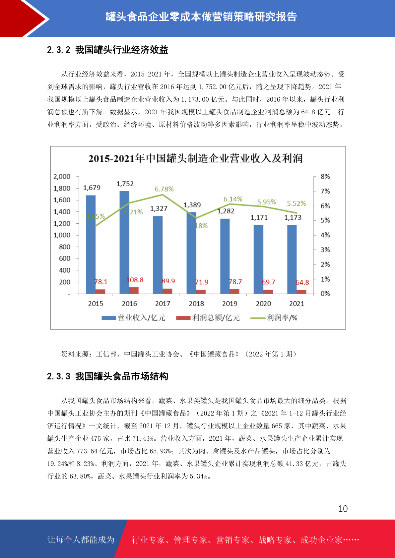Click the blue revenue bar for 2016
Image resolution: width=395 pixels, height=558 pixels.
click(x=124, y=242)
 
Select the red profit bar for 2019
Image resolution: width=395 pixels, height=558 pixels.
click(x=234, y=292)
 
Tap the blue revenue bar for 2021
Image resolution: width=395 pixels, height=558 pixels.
click(x=292, y=259)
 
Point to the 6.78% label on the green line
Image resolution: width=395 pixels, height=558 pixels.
click(x=164, y=189)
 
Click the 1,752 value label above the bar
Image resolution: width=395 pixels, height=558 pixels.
click(x=125, y=184)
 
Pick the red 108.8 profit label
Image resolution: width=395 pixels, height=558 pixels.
click(x=135, y=280)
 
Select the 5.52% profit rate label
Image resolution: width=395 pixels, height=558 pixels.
click(x=296, y=203)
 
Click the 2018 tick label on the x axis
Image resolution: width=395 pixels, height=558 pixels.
click(x=196, y=304)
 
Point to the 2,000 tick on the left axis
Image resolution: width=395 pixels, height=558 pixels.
click(x=62, y=177)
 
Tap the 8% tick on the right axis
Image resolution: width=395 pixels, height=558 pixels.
click(x=325, y=177)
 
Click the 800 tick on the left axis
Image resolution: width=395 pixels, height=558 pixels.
click(x=65, y=247)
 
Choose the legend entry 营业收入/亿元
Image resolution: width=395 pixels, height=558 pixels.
click(x=133, y=318)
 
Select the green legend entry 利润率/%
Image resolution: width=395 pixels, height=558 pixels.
click(x=274, y=318)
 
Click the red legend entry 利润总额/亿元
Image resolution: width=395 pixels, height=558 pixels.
click(x=208, y=318)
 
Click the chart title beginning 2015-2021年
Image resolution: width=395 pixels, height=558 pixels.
click(x=195, y=158)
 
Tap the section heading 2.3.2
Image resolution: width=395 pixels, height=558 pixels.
click(x=107, y=50)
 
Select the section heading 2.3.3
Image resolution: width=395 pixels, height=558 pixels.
click(x=107, y=376)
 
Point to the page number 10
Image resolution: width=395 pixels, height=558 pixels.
click(x=343, y=509)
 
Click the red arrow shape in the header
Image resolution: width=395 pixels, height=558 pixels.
click(x=20, y=19)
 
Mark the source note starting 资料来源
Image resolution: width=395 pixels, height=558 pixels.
click(x=178, y=354)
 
